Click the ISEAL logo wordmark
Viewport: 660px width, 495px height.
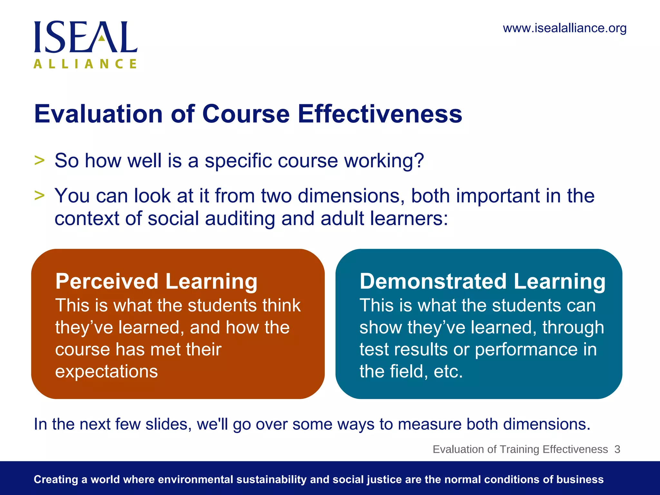click(86, 37)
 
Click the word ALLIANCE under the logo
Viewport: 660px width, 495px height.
click(85, 64)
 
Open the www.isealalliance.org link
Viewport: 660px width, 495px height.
click(564, 28)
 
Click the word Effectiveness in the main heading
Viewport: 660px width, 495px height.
click(380, 114)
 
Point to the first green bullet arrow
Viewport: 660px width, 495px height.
click(39, 160)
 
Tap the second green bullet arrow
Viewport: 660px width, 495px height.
click(39, 195)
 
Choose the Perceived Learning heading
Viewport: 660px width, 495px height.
click(156, 281)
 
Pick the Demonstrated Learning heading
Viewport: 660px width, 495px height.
click(482, 281)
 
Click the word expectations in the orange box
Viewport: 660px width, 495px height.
click(106, 372)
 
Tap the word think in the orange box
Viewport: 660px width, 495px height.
click(281, 305)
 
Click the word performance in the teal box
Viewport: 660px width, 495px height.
click(527, 350)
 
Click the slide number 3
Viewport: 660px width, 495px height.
click(617, 449)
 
